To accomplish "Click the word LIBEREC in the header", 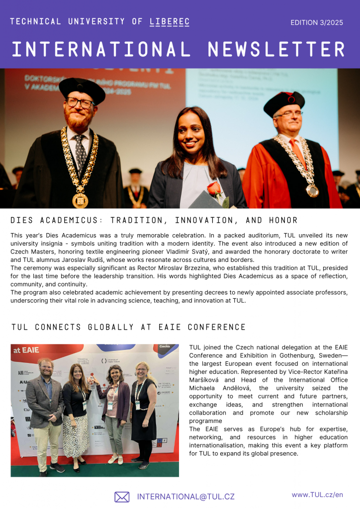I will click(x=170, y=22).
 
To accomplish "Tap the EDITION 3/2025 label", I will click(x=317, y=23).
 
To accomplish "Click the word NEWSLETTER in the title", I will click(x=276, y=50).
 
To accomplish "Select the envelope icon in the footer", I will click(x=122, y=497).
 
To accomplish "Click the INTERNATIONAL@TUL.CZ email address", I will click(x=185, y=497).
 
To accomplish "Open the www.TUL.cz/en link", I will click(x=317, y=495).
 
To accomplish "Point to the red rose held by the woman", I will click(x=214, y=189).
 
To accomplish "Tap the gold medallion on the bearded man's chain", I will click(x=80, y=200).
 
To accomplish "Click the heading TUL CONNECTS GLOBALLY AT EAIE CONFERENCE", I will click(x=128, y=327).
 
